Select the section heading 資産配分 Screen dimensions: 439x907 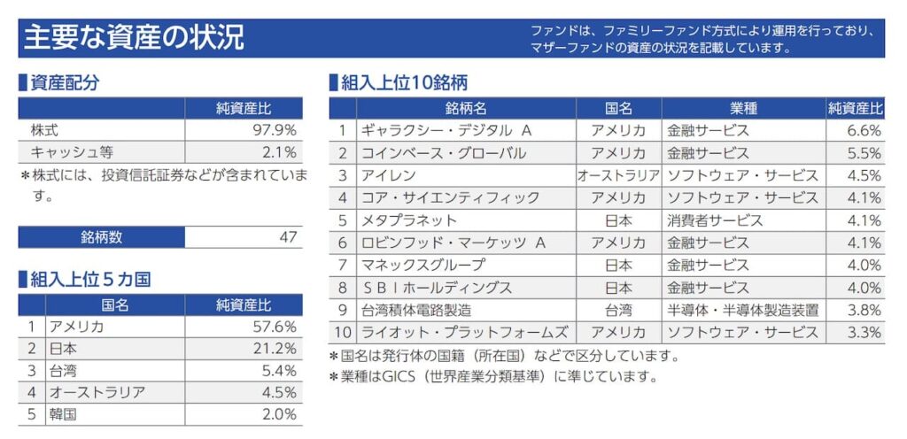coord(64,83)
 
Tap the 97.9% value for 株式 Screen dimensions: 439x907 coord(275,130)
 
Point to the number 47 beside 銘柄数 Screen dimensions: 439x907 coord(287,237)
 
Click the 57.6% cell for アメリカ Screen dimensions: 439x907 coord(275,327)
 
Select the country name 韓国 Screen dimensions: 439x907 coord(64,414)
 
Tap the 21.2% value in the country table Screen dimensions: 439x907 coord(275,349)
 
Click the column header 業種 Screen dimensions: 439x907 coord(743,109)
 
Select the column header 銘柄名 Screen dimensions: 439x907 coord(466,109)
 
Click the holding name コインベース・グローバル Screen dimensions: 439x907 coord(443,153)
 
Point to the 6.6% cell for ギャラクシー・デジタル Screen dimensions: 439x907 coord(864,131)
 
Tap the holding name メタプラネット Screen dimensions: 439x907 coord(409,220)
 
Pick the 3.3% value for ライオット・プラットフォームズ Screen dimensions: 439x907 coord(864,333)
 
